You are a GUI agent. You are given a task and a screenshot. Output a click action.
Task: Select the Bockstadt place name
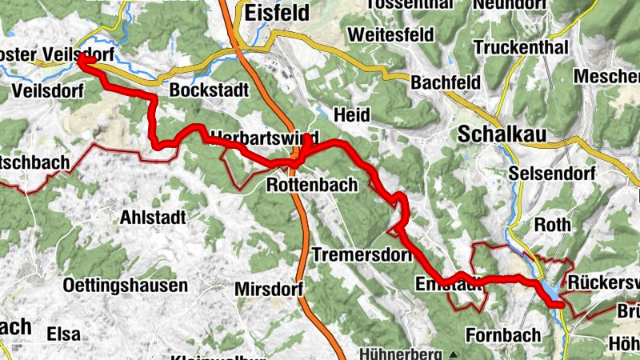pos(209,90)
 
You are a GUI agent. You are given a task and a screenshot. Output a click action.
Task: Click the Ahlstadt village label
pos(152,217)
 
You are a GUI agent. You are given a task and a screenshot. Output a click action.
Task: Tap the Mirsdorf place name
pos(266,288)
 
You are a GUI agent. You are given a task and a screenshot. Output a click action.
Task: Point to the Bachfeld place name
pos(446,82)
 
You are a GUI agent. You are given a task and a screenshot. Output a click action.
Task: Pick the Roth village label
pos(550,224)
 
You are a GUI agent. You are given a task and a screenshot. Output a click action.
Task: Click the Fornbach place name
pos(502,334)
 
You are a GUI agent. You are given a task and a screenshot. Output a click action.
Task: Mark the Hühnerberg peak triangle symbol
pos(454,354)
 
